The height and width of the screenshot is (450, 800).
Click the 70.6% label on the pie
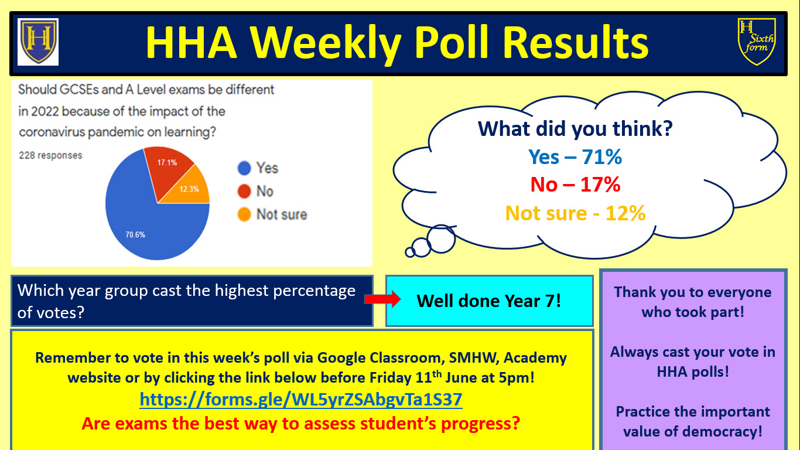[x=135, y=234]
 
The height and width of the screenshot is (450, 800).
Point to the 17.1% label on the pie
[x=167, y=163]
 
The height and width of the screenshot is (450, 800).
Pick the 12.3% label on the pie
[x=189, y=189]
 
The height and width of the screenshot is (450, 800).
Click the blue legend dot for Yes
[x=244, y=168]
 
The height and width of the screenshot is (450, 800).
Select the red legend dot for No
[x=244, y=191]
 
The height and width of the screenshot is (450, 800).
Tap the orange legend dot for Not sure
[x=244, y=214]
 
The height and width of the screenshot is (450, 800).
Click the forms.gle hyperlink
[x=300, y=400]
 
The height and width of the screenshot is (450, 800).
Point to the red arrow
[x=382, y=299]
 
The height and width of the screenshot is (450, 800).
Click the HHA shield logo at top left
[x=38, y=42]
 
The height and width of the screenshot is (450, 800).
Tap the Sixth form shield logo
[x=757, y=42]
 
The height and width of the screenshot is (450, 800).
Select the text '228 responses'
[x=50, y=155]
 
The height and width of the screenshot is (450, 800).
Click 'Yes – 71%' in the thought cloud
[x=575, y=157]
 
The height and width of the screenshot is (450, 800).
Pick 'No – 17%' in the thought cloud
[x=575, y=185]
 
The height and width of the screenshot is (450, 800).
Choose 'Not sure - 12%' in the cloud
[x=575, y=213]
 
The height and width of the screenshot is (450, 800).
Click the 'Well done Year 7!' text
[x=488, y=301]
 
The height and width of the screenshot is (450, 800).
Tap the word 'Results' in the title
[x=577, y=42]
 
